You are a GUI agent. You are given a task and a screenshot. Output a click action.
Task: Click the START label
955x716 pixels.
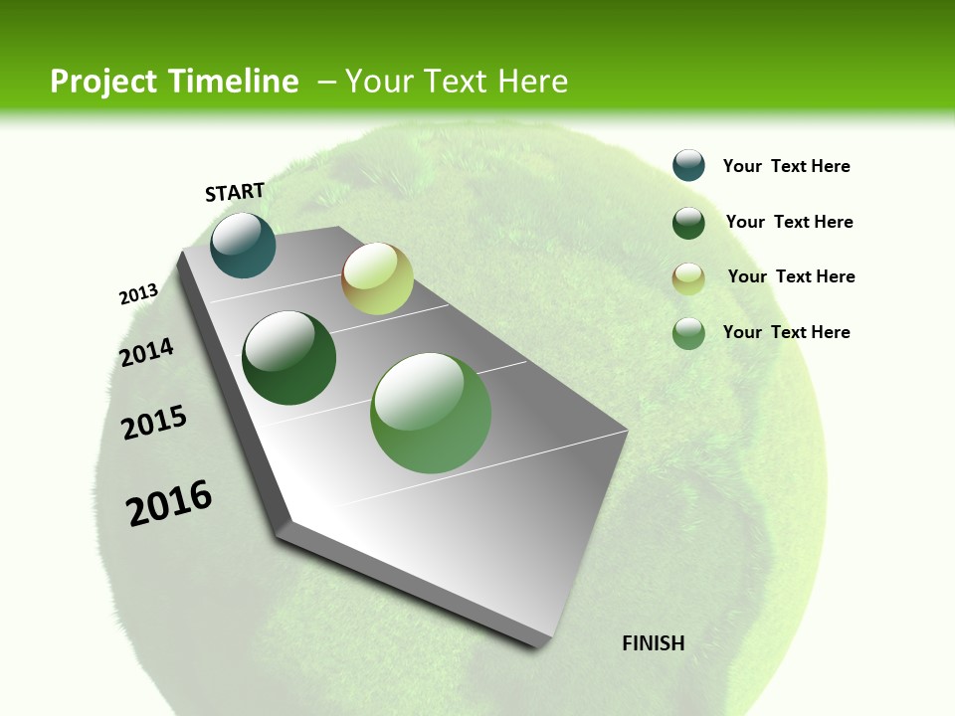click(235, 192)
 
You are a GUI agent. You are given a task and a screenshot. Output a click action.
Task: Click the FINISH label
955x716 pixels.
click(653, 643)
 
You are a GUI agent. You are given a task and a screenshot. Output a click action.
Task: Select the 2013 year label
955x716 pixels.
click(138, 293)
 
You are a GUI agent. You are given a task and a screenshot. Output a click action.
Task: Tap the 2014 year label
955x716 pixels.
click(146, 352)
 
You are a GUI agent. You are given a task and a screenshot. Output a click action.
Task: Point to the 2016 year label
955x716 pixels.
click(169, 503)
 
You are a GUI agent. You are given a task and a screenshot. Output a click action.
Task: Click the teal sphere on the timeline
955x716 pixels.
click(243, 246)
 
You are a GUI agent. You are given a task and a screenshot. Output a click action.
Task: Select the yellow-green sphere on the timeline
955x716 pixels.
click(377, 278)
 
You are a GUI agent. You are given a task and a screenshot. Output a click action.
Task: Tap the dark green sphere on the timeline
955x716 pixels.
click(289, 358)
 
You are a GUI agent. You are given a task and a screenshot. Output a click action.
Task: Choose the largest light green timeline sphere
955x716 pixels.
click(431, 413)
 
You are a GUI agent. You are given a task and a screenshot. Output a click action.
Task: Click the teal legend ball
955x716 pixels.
click(688, 165)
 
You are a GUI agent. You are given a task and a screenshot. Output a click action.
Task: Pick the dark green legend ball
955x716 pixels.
click(688, 223)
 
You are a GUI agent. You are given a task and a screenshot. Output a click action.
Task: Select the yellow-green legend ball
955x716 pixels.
click(688, 278)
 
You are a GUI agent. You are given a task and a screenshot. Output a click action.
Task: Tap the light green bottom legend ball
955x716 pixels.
click(688, 333)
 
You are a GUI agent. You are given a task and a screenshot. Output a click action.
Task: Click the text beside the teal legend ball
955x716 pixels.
click(786, 166)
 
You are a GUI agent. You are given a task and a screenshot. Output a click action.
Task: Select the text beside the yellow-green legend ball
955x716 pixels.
click(791, 276)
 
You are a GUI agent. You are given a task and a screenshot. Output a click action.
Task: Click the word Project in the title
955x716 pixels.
click(103, 82)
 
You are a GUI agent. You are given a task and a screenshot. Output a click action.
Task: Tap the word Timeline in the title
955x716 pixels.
click(240, 82)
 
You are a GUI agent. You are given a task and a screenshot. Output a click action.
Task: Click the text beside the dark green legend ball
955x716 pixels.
click(789, 222)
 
